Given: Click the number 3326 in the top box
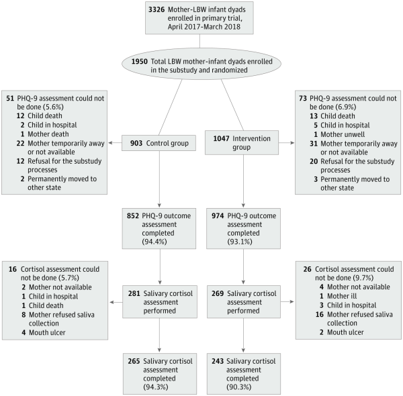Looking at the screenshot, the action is (x=156, y=10).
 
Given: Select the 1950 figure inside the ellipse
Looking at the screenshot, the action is (x=140, y=61).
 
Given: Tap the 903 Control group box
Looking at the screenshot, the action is (x=159, y=143).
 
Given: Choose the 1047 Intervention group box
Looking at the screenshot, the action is (x=242, y=142).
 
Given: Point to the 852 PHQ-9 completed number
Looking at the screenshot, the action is (x=133, y=215).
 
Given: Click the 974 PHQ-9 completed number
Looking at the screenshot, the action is (x=218, y=215).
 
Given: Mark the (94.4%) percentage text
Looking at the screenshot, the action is (x=154, y=242).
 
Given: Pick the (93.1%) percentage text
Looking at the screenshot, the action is (x=240, y=242).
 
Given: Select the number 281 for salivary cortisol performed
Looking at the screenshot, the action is (x=134, y=293).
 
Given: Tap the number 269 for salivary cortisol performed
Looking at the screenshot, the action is (x=218, y=293).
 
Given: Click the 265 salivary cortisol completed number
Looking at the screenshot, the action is (x=134, y=361).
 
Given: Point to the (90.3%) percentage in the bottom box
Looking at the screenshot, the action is (x=238, y=387).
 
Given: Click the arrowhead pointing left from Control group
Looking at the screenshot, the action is (x=110, y=143).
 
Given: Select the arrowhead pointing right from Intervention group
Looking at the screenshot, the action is (x=292, y=142).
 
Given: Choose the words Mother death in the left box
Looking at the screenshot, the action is (x=48, y=134).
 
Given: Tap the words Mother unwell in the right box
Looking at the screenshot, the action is (x=343, y=134).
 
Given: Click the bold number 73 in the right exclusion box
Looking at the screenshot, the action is (x=303, y=99).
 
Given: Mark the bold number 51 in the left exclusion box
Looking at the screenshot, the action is (x=10, y=99).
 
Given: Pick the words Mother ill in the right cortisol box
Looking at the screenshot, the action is (x=342, y=296).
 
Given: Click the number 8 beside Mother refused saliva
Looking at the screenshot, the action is (x=24, y=315).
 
